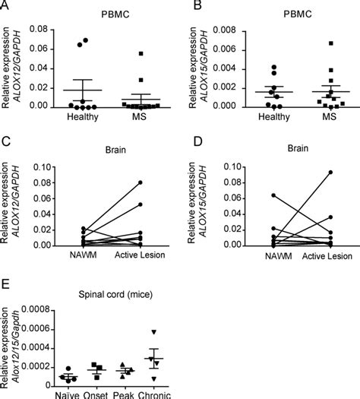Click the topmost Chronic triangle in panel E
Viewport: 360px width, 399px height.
click(154, 332)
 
